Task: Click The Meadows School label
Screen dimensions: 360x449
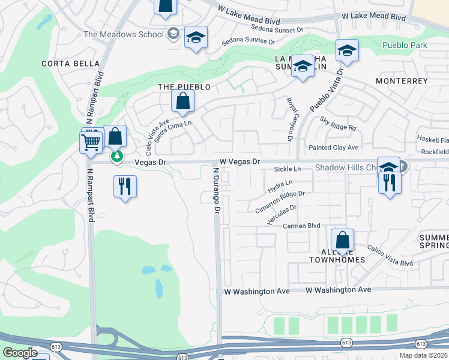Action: [124, 34]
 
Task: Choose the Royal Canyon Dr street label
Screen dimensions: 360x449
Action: [289, 120]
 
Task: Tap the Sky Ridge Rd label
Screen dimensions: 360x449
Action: [338, 124]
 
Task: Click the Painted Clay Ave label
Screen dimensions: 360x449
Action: [333, 148]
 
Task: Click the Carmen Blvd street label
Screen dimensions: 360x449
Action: [303, 226]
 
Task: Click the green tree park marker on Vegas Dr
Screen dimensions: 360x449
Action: [117, 157]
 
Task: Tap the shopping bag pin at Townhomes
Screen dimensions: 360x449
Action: [342, 241]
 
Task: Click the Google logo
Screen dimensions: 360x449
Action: [20, 353]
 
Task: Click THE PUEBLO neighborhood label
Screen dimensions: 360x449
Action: [184, 87]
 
